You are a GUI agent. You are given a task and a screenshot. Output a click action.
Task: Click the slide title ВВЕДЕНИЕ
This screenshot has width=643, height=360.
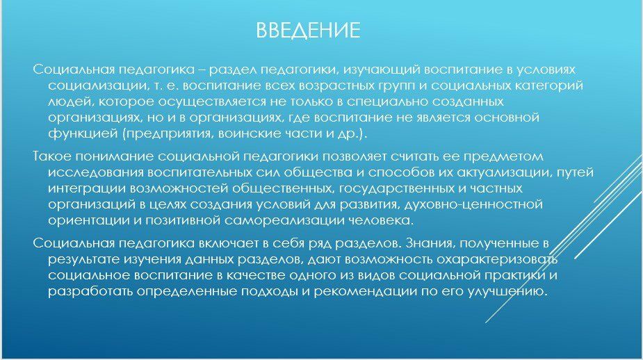308,31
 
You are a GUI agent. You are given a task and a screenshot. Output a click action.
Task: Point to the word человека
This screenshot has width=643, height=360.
380,220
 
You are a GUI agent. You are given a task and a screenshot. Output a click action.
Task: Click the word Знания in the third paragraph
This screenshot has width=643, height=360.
430,243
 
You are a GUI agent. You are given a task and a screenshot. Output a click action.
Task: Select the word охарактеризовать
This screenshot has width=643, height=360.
497,259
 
